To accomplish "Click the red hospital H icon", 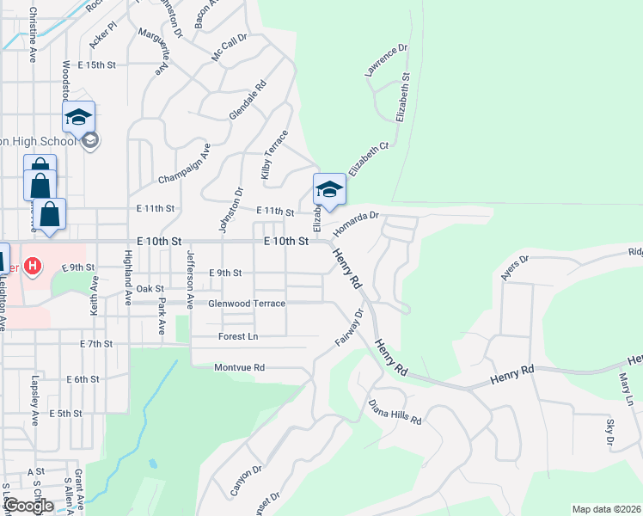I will click(x=33, y=266).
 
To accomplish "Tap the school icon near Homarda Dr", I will click(x=328, y=188).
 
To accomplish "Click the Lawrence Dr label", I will click(x=385, y=63).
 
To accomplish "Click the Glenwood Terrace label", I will click(x=246, y=304).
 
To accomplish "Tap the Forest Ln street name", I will click(x=238, y=336).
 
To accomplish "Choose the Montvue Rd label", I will click(x=240, y=367).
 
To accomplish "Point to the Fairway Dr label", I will click(x=349, y=329).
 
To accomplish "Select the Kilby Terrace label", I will click(x=275, y=156).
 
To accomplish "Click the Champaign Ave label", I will click(x=184, y=164).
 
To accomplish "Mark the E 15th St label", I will click(x=95, y=64).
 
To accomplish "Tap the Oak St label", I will click(x=149, y=289).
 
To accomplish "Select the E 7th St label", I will click(x=96, y=344).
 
